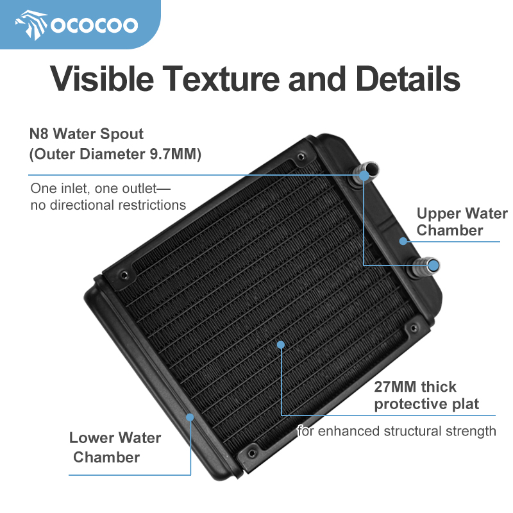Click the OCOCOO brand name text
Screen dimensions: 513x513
94,25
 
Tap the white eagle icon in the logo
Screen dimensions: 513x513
31,25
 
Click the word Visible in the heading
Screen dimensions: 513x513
102,78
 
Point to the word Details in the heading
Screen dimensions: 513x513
408,78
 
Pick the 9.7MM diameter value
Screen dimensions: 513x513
175,154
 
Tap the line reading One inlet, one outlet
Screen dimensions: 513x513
101,189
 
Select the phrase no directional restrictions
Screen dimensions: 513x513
108,205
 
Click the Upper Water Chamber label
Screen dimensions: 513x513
462,221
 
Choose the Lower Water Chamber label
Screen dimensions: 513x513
115,447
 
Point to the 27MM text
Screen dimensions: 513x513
396,387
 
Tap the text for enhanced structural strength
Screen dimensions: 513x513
396,431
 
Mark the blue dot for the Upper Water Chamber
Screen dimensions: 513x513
403,241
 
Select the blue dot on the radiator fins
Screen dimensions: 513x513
281,344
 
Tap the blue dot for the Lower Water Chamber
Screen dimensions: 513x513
190,417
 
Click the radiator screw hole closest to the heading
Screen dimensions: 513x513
301,156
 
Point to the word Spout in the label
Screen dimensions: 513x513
122,134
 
